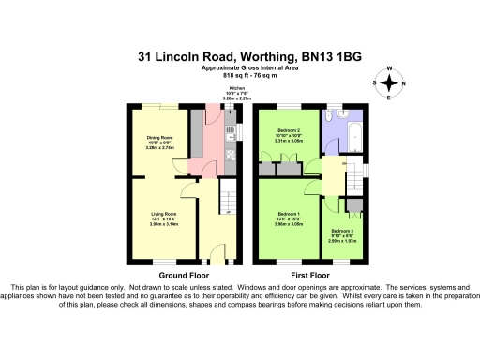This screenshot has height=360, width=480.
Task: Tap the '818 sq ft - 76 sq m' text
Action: pyautogui.click(x=240, y=75)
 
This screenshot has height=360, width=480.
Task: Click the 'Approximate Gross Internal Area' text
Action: pyautogui.click(x=240, y=68)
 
